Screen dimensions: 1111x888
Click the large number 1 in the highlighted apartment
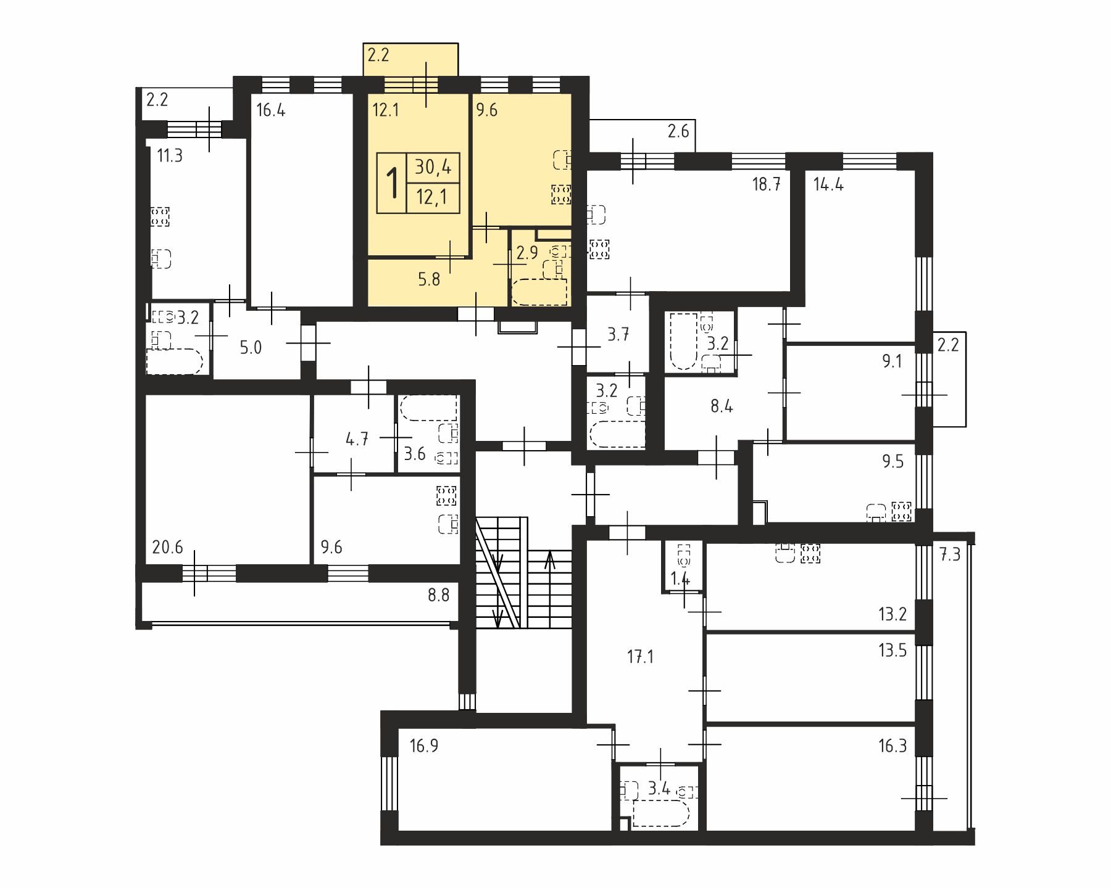(x=391, y=183)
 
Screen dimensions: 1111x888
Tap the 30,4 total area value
(x=433, y=167)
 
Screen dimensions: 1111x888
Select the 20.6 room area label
(x=167, y=547)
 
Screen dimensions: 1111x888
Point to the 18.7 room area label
(x=767, y=184)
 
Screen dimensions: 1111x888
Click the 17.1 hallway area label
(x=640, y=657)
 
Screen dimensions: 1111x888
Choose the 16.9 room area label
(x=424, y=746)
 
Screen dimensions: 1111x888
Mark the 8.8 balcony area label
(x=438, y=595)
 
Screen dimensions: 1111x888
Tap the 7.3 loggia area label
(x=951, y=554)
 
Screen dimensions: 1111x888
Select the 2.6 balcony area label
(x=678, y=131)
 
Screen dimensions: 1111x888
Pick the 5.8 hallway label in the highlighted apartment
(x=429, y=279)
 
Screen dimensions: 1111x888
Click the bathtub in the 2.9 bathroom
(x=539, y=292)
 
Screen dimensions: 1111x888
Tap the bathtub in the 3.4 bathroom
(x=660, y=813)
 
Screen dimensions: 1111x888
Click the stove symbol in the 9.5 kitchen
(x=902, y=511)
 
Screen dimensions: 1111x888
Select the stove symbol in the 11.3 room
(x=160, y=216)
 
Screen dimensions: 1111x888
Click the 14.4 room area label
(x=828, y=184)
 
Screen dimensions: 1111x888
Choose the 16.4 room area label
(x=271, y=110)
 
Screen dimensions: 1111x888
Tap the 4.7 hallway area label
(x=357, y=439)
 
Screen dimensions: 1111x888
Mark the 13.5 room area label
(x=893, y=651)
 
